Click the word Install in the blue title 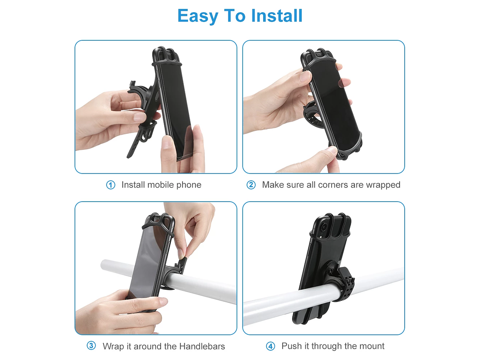(x=277, y=16)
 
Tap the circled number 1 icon (x=111, y=185)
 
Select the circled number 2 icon (x=251, y=185)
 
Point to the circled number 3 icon (x=91, y=346)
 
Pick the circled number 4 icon (x=270, y=346)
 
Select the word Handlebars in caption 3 (x=202, y=346)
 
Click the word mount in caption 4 (x=371, y=346)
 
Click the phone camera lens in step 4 (x=323, y=228)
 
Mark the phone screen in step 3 (x=147, y=261)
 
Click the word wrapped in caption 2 (x=384, y=185)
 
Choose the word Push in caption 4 (x=291, y=346)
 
